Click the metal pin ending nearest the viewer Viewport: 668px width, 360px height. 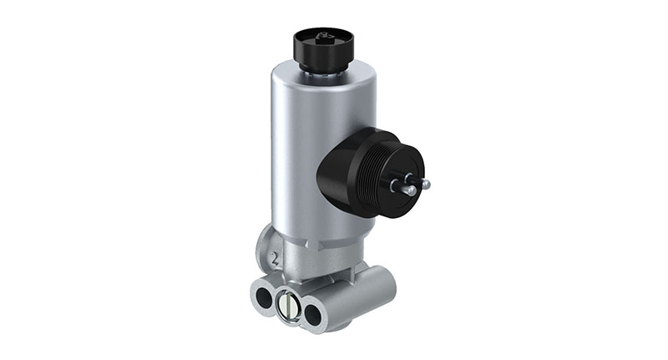click(410, 190)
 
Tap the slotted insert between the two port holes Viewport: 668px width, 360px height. click(289, 305)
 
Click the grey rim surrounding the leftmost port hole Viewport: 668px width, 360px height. click(256, 292)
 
